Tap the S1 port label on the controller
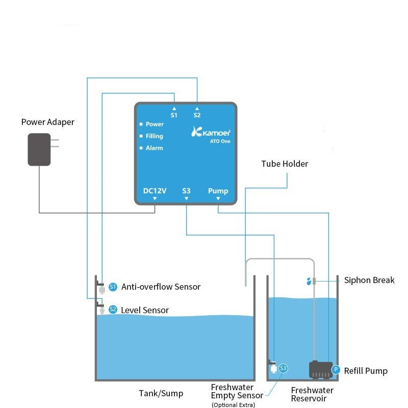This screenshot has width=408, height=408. (174, 115)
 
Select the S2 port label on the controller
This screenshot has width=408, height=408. (197, 115)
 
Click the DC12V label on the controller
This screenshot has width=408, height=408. (155, 191)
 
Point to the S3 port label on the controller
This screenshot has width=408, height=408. (186, 191)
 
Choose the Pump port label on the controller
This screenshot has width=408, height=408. (218, 191)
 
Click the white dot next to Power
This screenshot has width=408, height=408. (141, 124)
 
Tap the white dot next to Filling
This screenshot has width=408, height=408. (141, 136)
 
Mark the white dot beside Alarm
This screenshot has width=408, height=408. (141, 148)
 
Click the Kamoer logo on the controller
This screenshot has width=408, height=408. (211, 132)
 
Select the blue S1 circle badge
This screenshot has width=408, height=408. (113, 287)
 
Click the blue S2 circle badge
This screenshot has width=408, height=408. (113, 310)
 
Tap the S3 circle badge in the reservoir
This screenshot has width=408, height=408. (283, 368)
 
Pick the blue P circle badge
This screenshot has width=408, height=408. (336, 369)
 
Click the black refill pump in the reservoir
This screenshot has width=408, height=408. (321, 369)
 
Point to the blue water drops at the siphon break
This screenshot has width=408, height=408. (309, 282)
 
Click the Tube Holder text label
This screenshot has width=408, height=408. (285, 164)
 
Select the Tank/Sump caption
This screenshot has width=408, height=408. (161, 393)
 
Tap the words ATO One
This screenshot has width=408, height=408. (220, 141)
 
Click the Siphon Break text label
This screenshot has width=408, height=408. (369, 280)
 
